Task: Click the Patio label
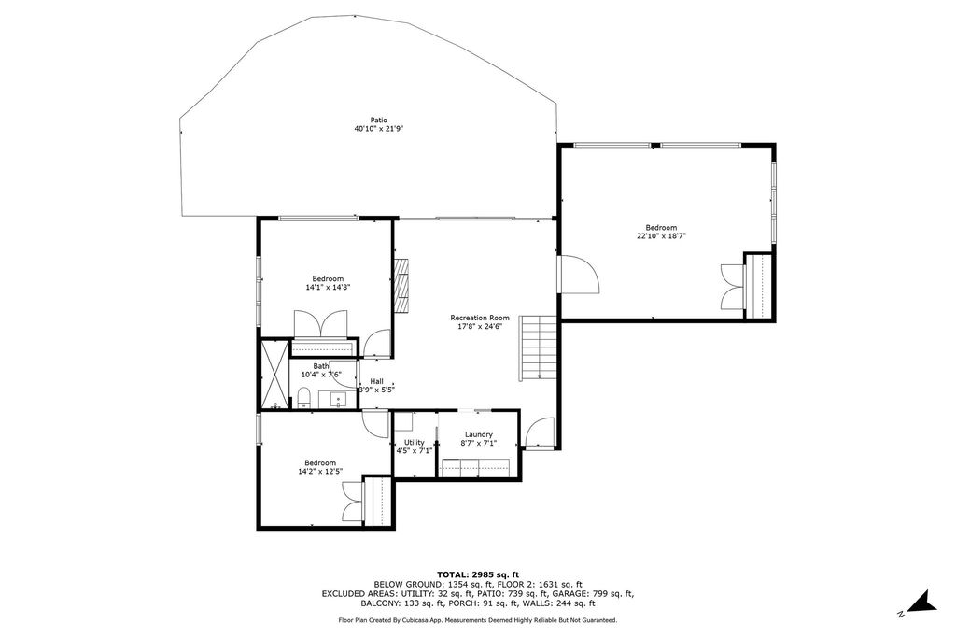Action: click(378, 120)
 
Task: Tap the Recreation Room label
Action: click(480, 317)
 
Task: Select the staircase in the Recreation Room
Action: click(539, 347)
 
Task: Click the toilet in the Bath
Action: click(304, 400)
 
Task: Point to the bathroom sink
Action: click(337, 400)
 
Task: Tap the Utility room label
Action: click(415, 442)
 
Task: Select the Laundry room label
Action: click(479, 434)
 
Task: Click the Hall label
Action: click(376, 380)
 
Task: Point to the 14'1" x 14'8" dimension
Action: click(328, 288)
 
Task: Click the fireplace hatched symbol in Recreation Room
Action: click(402, 286)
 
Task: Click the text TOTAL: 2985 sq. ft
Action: click(478, 574)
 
